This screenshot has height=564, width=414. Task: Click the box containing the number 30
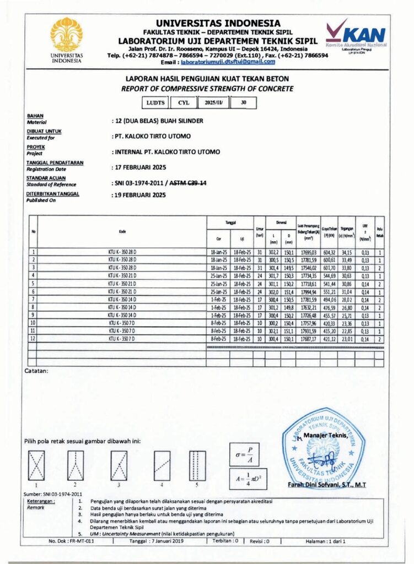click(x=244, y=102)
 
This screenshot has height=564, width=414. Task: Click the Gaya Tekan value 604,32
click(x=330, y=252)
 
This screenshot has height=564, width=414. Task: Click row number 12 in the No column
click(x=34, y=340)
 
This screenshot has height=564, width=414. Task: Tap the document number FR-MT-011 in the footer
click(x=71, y=541)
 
